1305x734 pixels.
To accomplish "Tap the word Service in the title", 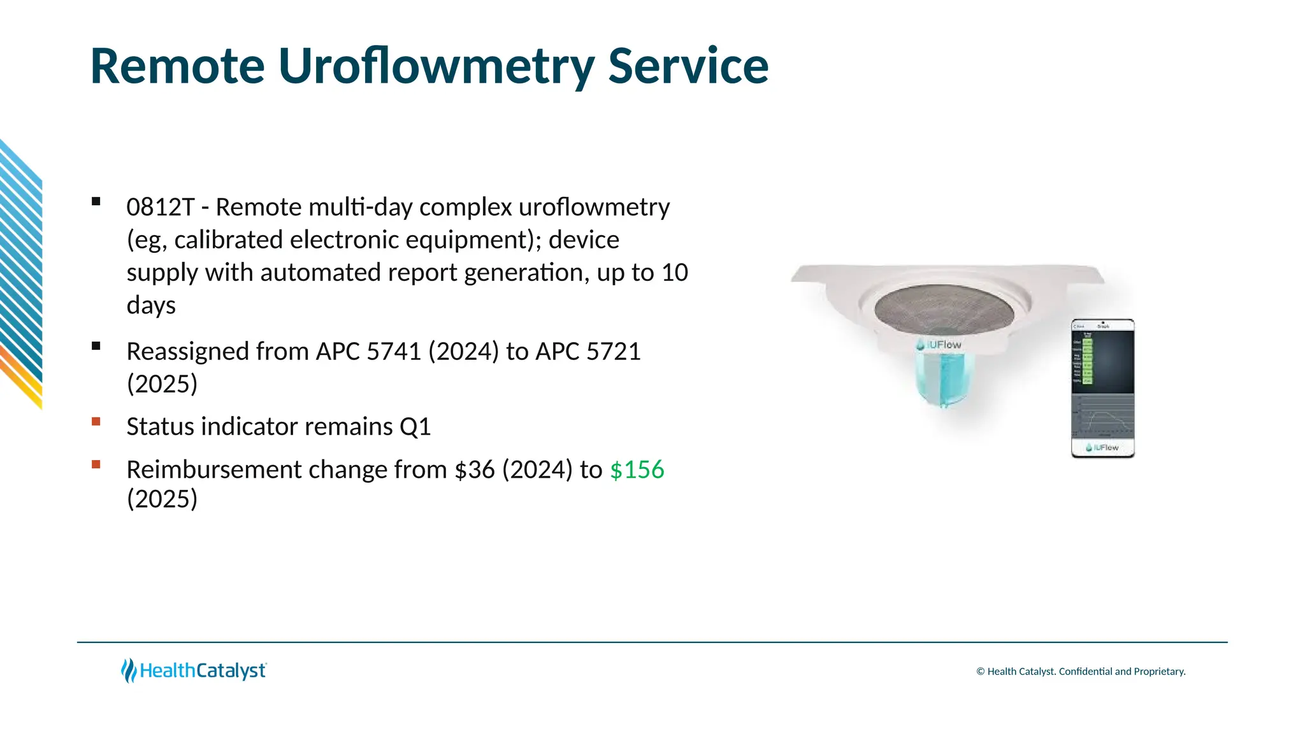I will (x=688, y=66).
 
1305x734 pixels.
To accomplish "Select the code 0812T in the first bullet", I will (x=160, y=207).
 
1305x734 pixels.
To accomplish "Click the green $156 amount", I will (x=637, y=470).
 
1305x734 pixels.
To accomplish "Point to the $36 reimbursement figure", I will (x=474, y=470).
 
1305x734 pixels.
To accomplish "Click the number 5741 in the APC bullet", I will (x=394, y=352).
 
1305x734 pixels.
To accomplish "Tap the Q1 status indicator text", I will (x=415, y=427).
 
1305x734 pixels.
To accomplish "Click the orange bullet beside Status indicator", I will (x=96, y=421).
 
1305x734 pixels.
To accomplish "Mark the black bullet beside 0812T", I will (x=96, y=201).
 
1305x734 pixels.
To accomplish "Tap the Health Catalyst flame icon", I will (x=129, y=670).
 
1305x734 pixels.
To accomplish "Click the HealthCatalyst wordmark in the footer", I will (x=203, y=671).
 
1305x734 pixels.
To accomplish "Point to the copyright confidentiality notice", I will (x=1081, y=672).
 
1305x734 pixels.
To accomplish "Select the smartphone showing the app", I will (x=1102, y=388).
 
